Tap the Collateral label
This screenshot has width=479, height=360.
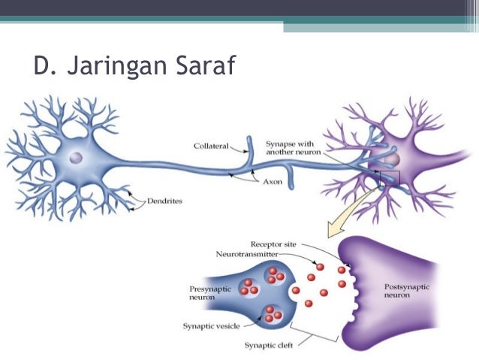(210, 146)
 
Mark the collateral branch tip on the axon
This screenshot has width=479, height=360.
(249, 141)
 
